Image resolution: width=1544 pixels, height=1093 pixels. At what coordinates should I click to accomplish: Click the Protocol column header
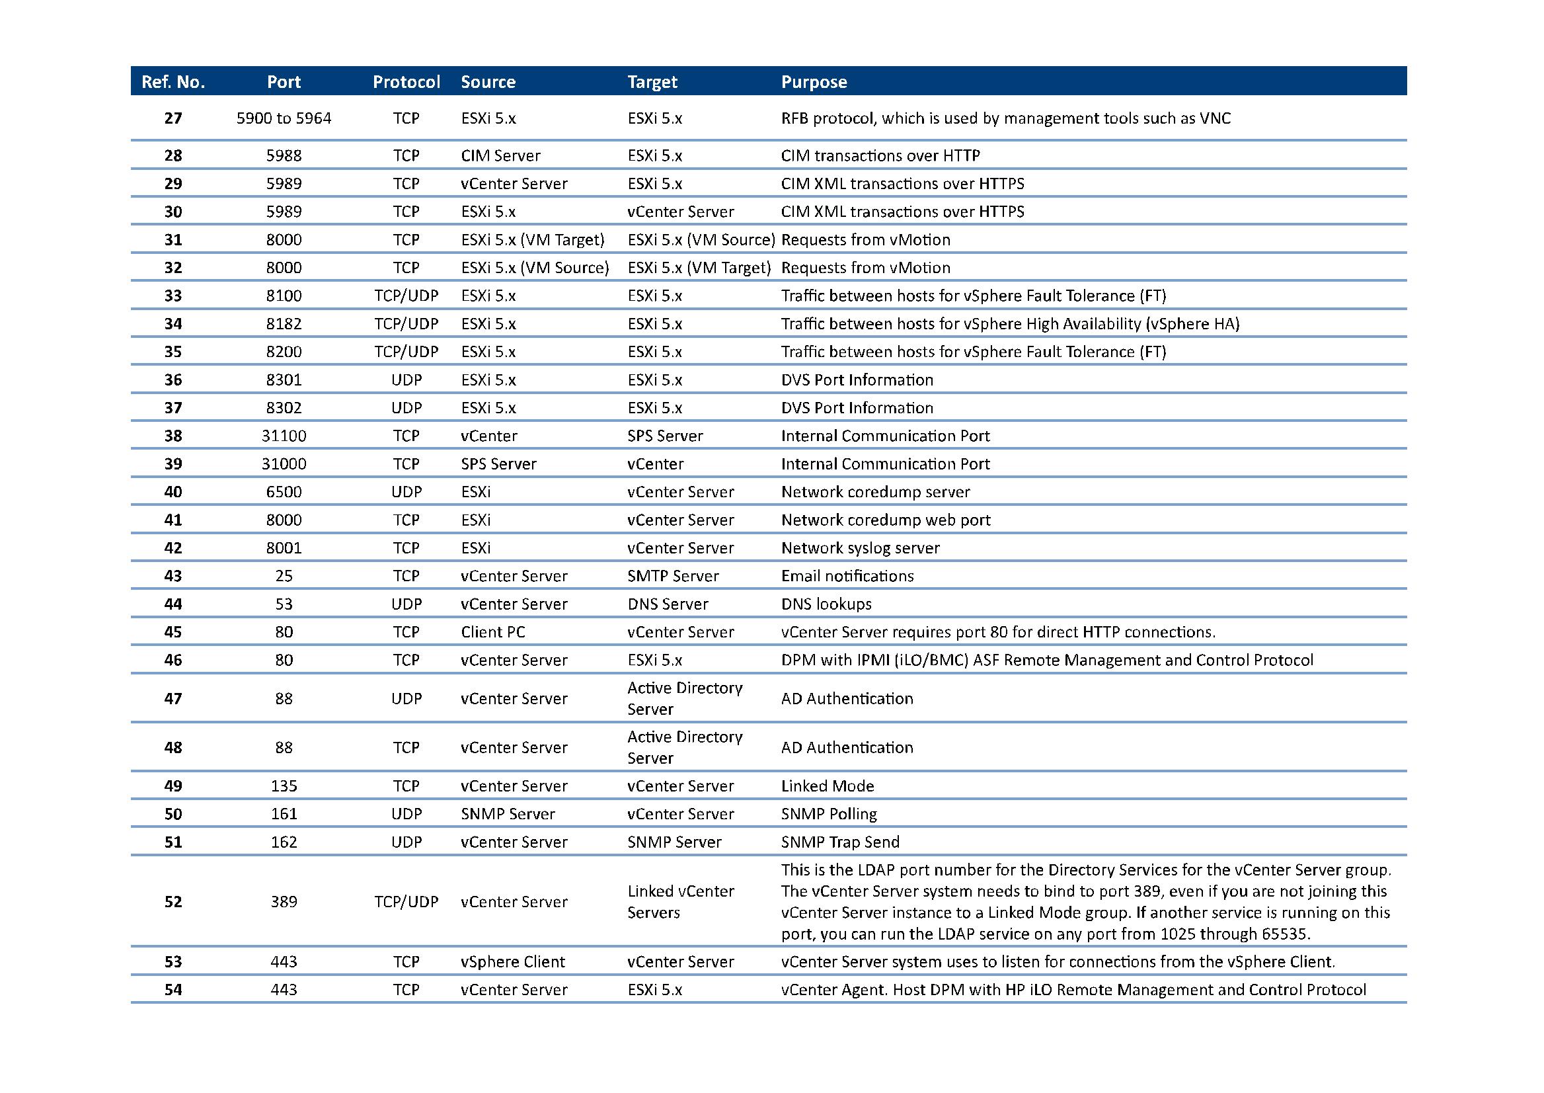406,82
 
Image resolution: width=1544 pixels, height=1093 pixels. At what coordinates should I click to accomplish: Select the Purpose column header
814,82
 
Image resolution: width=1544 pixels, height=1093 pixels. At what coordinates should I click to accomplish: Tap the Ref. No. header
173,82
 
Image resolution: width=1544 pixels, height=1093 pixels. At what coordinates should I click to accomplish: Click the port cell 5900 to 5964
284,118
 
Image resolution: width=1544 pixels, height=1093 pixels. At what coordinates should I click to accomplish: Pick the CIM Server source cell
500,155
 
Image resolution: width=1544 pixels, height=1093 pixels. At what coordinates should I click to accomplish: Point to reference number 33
173,296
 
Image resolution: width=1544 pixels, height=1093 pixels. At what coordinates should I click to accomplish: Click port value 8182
284,324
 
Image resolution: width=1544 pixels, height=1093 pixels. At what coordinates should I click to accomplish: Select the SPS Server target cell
665,436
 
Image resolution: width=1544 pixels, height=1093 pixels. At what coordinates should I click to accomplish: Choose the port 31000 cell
284,464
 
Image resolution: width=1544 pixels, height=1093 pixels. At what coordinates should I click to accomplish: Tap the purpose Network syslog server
860,548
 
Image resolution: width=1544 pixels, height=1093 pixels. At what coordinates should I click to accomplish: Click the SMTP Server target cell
673,576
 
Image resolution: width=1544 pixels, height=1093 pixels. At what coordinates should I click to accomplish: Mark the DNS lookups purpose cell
826,604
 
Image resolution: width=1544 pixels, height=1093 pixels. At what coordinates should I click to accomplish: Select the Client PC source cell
493,632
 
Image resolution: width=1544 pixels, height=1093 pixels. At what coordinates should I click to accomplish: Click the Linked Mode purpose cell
828,786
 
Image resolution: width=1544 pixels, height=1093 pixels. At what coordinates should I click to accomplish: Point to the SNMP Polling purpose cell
829,815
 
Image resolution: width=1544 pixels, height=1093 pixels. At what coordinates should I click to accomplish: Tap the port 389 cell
284,902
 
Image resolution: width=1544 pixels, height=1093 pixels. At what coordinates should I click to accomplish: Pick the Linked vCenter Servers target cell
680,902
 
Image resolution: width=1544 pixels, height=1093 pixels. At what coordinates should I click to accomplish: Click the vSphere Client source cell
513,962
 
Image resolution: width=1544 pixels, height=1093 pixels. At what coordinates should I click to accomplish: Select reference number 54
173,990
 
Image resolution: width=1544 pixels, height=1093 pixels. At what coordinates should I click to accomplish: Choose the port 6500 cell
284,492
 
